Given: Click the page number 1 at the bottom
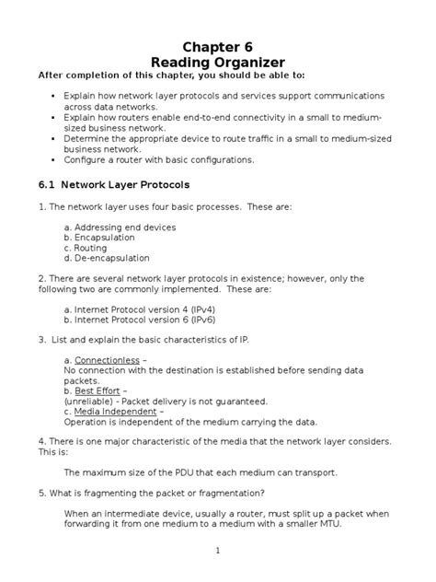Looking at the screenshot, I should [x=218, y=550].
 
